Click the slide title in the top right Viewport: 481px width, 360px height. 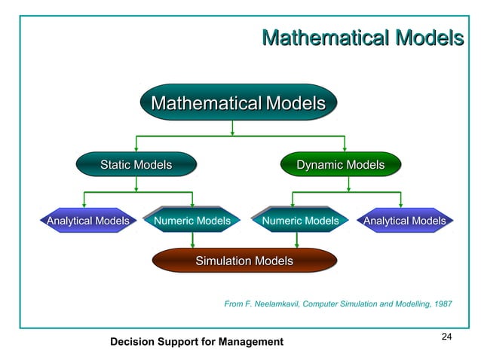[361, 37]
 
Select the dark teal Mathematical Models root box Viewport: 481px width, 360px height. [238, 102]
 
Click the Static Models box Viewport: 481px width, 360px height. [136, 164]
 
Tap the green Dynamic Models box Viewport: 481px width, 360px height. [340, 164]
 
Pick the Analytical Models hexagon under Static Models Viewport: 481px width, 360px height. [87, 221]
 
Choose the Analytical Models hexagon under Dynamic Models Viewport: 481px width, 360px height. [404, 221]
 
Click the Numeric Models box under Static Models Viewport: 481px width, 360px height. [192, 221]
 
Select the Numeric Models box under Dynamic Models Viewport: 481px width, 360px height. [300, 221]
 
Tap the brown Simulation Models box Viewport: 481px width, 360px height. [244, 261]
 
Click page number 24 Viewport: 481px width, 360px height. [446, 336]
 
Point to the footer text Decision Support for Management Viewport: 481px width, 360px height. [197, 342]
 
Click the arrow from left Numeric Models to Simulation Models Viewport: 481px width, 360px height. [193, 240]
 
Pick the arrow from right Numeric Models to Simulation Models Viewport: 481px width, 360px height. [297, 240]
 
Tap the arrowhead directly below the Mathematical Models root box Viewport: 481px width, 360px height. [233, 132]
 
